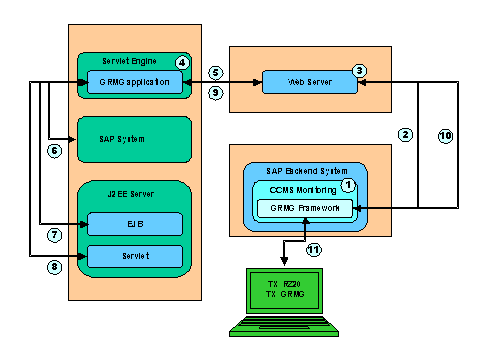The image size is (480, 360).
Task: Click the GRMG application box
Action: tap(134, 82)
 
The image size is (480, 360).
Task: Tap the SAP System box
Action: tap(134, 139)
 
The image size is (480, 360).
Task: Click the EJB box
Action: tap(134, 223)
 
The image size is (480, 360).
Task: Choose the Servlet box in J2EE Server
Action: tap(134, 255)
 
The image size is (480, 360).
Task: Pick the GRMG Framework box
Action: tap(305, 209)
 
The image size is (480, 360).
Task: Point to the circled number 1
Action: tap(348, 185)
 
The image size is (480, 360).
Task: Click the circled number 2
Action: tap(405, 134)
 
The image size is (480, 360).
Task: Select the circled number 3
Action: tap(360, 70)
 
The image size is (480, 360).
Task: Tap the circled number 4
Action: tap(181, 62)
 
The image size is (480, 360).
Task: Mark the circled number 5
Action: tap(214, 73)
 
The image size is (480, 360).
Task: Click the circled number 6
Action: tap(55, 151)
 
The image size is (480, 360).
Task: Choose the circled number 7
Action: tap(55, 235)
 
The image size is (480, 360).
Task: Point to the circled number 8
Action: tap(55, 267)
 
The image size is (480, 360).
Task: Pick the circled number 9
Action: tap(214, 93)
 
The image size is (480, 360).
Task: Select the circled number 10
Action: tap(445, 134)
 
